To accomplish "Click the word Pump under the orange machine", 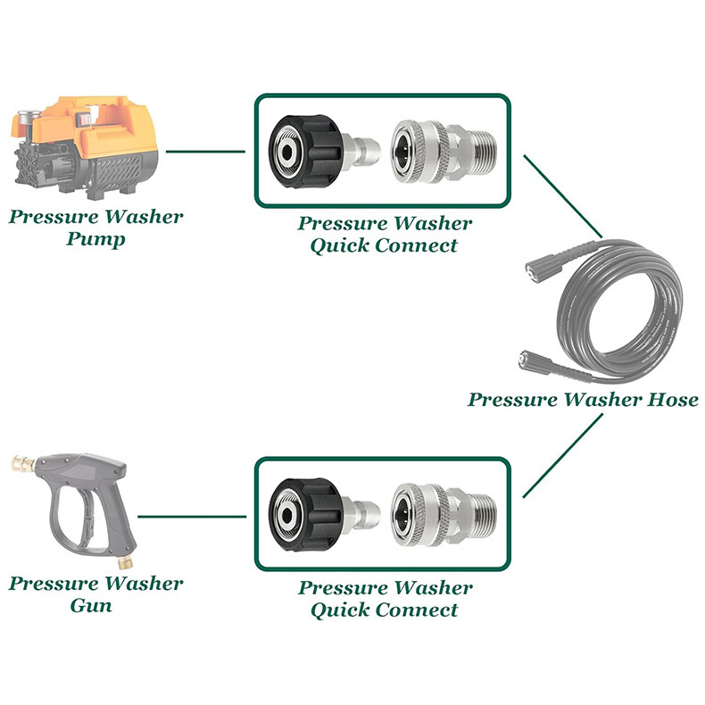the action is coord(95,239).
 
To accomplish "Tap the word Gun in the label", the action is coord(91,605).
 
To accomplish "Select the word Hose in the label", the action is coord(673,399).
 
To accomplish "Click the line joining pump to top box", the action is coord(205,152).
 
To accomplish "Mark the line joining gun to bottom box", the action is coord(192,517).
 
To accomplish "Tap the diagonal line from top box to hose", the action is coord(563,196).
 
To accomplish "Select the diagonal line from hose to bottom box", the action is coord(562,455).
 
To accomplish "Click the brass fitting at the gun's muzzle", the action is coord(23,463).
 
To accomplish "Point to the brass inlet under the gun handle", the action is coord(124,561).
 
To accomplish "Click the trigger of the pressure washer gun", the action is coord(86,517).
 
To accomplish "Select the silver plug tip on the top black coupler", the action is coord(362,151).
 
